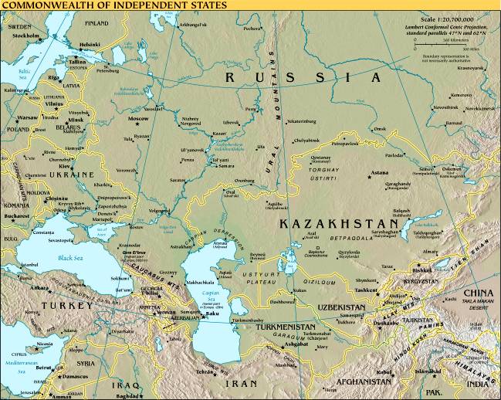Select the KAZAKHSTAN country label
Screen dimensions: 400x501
coord(319,223)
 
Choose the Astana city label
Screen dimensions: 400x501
coord(379,174)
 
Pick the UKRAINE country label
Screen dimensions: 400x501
coord(71,175)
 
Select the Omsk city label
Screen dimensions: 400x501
coord(379,129)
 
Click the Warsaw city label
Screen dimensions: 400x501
coord(28,117)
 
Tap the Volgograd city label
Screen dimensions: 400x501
coord(158,210)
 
